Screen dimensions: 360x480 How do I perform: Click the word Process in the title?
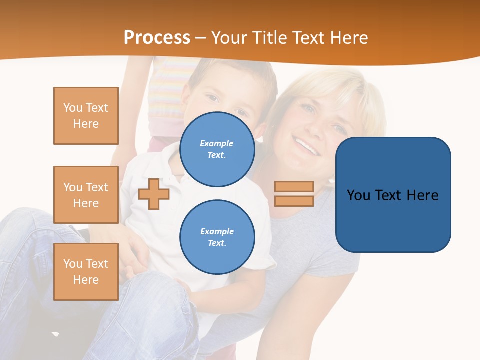pos(157,38)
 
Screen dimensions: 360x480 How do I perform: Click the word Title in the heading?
pos(268,38)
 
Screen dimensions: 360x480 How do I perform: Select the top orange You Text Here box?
pos(86,116)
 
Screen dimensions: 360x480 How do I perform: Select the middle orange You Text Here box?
pos(86,195)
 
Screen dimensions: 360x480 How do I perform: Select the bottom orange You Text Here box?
pos(86,272)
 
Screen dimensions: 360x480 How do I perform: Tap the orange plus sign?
pos(154,194)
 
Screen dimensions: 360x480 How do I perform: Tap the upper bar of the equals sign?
pos(294,187)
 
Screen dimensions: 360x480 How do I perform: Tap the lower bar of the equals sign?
pos(294,201)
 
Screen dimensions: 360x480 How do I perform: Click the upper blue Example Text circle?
pos(217,149)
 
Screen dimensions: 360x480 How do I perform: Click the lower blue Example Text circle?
pos(217,237)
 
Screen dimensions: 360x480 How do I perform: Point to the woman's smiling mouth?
pos(306,146)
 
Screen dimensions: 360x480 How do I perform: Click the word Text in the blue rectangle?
pos(390,195)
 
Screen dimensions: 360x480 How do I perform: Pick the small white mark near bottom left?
pos(55,334)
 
